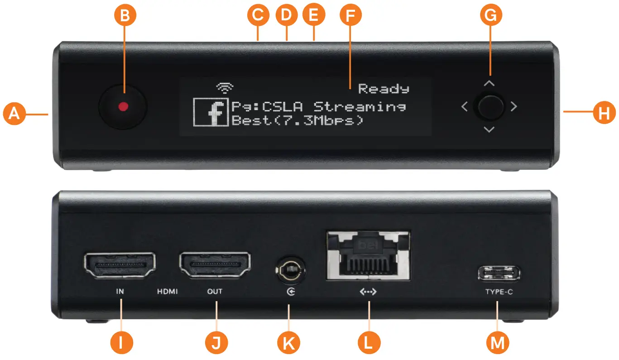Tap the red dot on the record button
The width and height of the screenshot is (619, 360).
point(123,106)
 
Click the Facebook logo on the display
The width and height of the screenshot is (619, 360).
point(211,112)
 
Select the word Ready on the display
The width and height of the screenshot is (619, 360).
point(384,89)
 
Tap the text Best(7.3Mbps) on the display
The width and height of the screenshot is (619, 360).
point(298,121)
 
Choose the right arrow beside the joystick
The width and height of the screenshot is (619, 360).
point(513,107)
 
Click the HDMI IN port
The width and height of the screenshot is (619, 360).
point(120,265)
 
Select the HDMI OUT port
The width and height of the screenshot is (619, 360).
point(216,265)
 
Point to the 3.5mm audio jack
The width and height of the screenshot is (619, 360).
point(288,270)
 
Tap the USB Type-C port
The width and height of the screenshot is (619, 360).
point(499,274)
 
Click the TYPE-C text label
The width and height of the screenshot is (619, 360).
point(499,292)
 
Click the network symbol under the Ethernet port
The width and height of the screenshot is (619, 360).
point(368,292)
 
